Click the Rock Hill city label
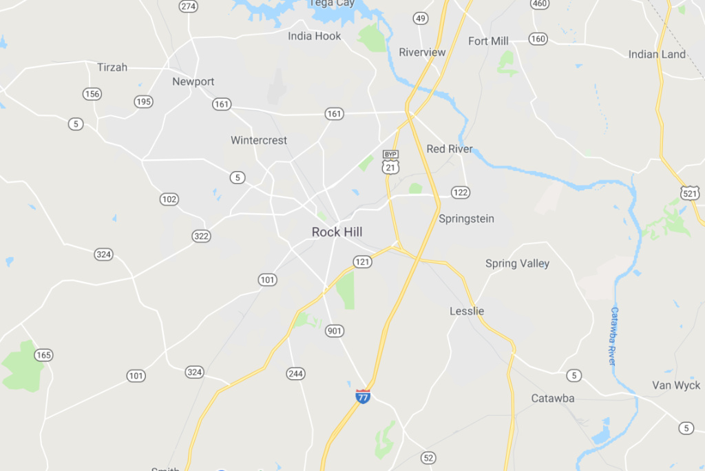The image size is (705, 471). coord(337,232)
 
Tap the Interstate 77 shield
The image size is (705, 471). coord(363,396)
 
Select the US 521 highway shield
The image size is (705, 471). coord(688,192)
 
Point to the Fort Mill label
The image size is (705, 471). coord(488,41)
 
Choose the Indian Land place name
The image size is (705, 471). coord(657,54)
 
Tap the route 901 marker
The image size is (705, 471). coord(335,331)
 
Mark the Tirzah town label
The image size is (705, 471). coord(112,67)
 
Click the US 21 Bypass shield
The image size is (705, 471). coord(391,162)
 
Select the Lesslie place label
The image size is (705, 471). coord(467,311)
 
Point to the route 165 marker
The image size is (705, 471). coord(43,355)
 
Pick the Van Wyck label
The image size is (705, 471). coord(676,385)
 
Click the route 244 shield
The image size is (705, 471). coord(295,374)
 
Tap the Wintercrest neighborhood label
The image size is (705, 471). coord(259,141)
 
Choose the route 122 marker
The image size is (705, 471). coord(461,192)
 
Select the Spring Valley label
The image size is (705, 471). coord(517,263)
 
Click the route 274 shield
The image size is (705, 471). coord(188,6)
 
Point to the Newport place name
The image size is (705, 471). coord(193,81)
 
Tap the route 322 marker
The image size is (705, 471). coord(201,237)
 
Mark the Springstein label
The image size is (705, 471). coord(466,219)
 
